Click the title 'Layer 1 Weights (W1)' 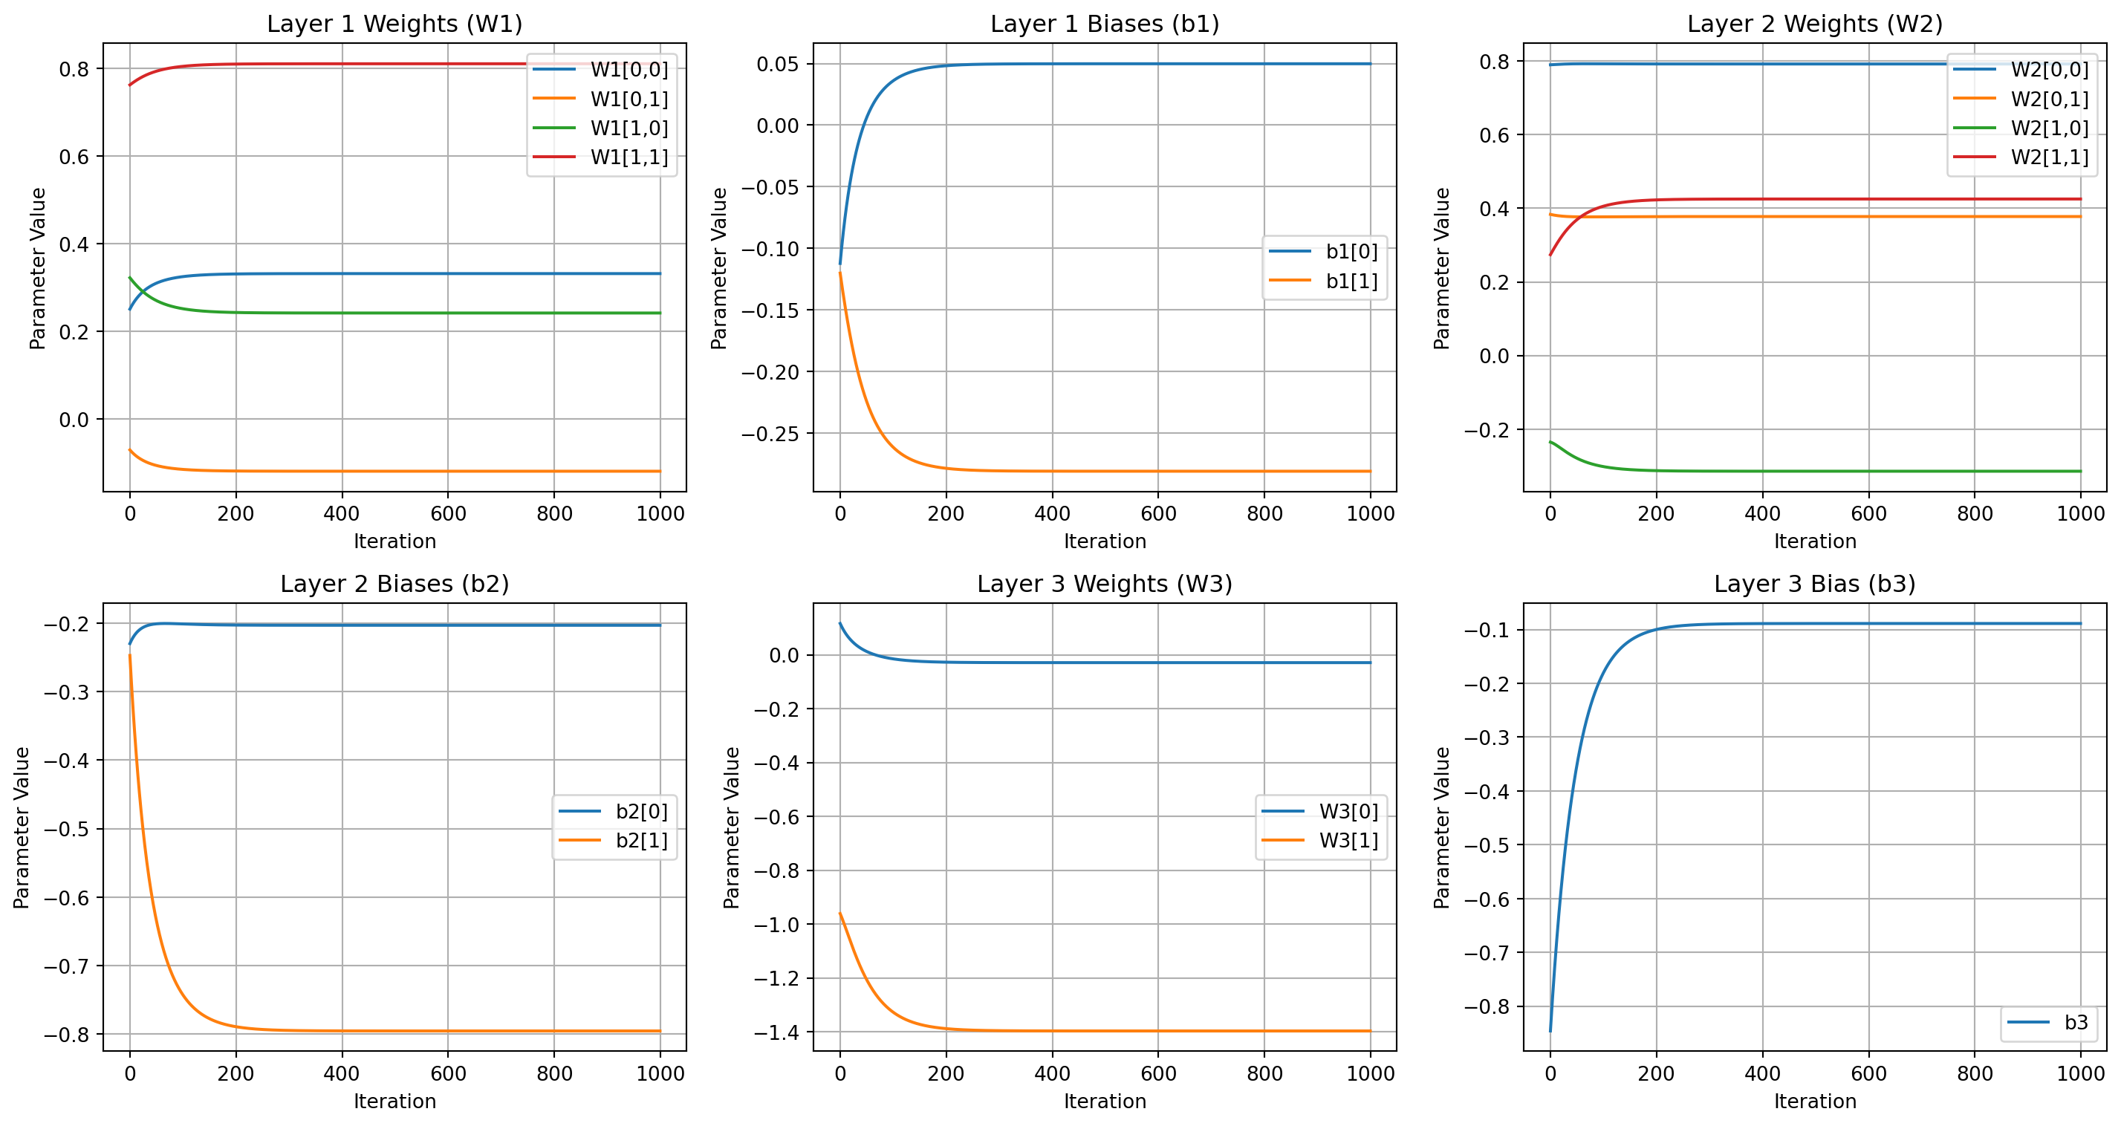click(394, 24)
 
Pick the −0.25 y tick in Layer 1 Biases click(770, 434)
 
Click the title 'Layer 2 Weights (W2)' click(1815, 24)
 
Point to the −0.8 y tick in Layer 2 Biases click(68, 1035)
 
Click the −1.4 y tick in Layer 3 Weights click(776, 1032)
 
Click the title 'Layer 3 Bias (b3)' click(1815, 585)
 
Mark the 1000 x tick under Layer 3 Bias click(2081, 1074)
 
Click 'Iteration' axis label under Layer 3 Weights click(1104, 1101)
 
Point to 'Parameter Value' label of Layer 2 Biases click(22, 827)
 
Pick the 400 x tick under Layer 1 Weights click(342, 515)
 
